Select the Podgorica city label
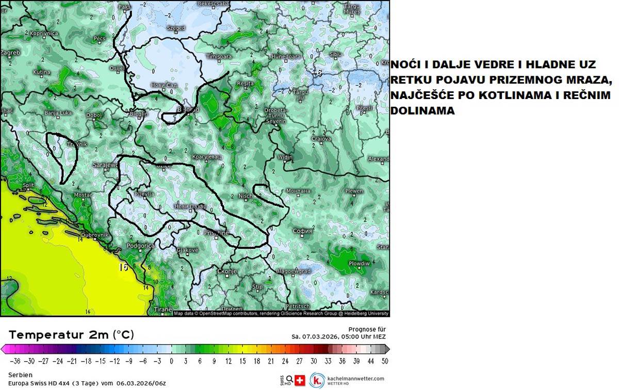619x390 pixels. coord(140,246)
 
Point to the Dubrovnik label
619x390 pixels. coord(95,235)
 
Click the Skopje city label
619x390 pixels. coord(227,271)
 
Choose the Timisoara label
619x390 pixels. coord(219,56)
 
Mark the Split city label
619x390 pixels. coord(28,185)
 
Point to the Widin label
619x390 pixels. coord(285,157)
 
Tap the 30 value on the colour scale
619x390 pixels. coord(314,361)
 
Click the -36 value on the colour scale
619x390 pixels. coord(15,361)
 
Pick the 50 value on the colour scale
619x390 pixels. coord(385,361)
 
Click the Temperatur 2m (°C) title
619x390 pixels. coord(71,335)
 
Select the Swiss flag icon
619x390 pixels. coord(299,380)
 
